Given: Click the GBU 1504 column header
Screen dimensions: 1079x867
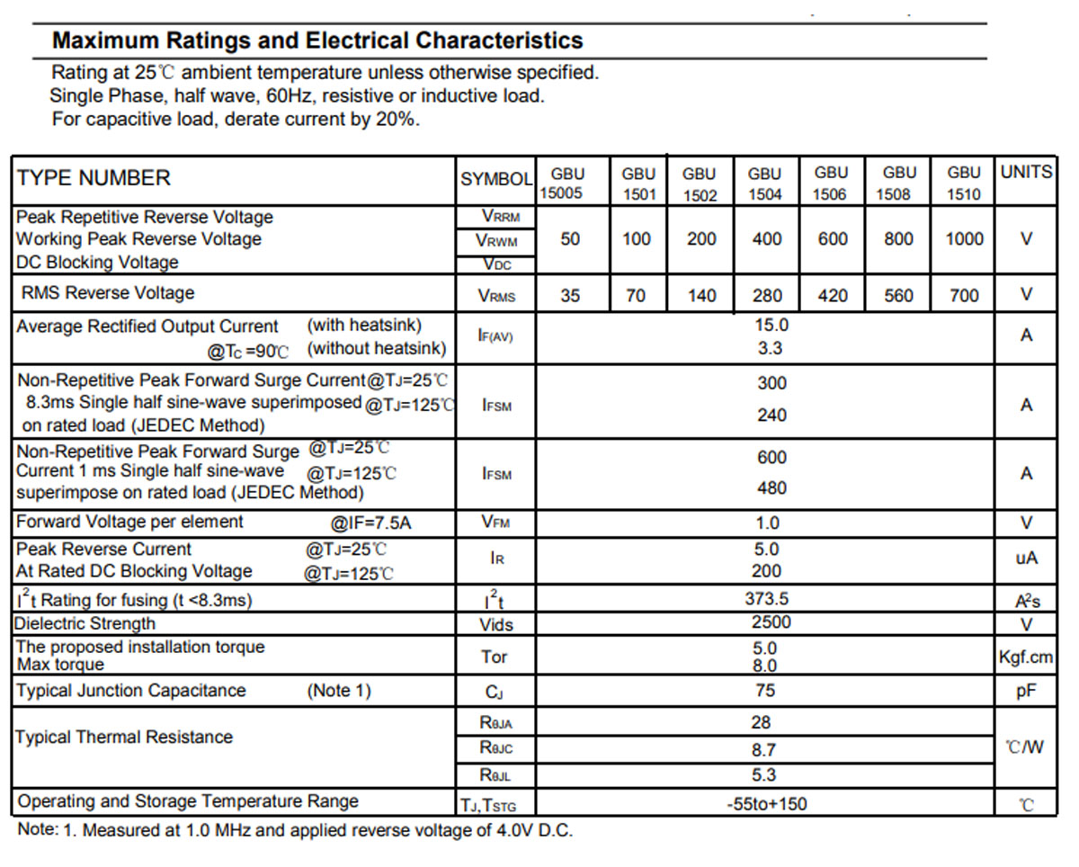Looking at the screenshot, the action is [x=764, y=183].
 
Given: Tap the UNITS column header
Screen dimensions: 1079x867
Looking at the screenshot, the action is [x=1026, y=172].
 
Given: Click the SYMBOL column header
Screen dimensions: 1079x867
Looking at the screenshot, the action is [x=496, y=179].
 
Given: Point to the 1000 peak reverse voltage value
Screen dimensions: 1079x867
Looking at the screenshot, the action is [x=964, y=238].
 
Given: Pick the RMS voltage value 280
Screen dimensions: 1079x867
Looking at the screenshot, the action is [x=767, y=295].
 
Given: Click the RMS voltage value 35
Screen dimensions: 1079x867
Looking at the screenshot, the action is [x=570, y=295].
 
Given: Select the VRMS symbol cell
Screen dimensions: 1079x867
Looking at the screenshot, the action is [x=496, y=295].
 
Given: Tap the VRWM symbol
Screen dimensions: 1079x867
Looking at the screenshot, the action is [x=496, y=241].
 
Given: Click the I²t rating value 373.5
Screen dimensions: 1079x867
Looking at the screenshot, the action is [x=767, y=598].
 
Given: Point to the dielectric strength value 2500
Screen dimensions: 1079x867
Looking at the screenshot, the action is [x=771, y=621].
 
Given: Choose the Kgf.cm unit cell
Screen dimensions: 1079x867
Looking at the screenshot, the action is [x=1026, y=657].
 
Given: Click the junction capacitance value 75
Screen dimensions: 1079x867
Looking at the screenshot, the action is [x=765, y=691].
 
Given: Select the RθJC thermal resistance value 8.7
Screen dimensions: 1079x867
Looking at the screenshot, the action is [x=763, y=750].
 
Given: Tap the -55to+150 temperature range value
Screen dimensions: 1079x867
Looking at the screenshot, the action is [x=767, y=804].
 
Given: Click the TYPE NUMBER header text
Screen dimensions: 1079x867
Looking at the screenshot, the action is [x=94, y=178].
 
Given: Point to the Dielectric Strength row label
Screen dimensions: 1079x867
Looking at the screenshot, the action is [x=85, y=623].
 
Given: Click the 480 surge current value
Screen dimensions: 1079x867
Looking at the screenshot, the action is [x=771, y=487].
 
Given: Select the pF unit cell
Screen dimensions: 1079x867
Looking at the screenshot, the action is [x=1026, y=692].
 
